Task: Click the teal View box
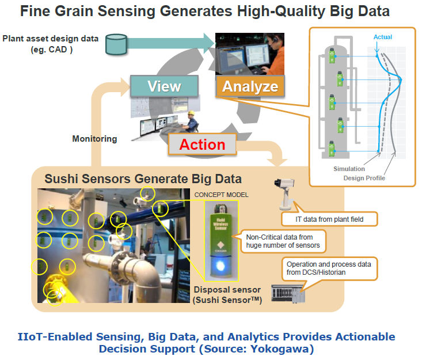click(x=164, y=86)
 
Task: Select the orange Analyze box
click(x=250, y=87)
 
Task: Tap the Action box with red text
click(x=202, y=145)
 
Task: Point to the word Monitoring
click(x=94, y=139)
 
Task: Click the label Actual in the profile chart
click(x=382, y=37)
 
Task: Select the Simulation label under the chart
click(x=349, y=169)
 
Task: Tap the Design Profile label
click(x=364, y=178)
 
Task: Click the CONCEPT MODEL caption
click(x=221, y=195)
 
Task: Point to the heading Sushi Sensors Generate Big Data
click(x=143, y=178)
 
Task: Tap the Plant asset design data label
click(x=51, y=44)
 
